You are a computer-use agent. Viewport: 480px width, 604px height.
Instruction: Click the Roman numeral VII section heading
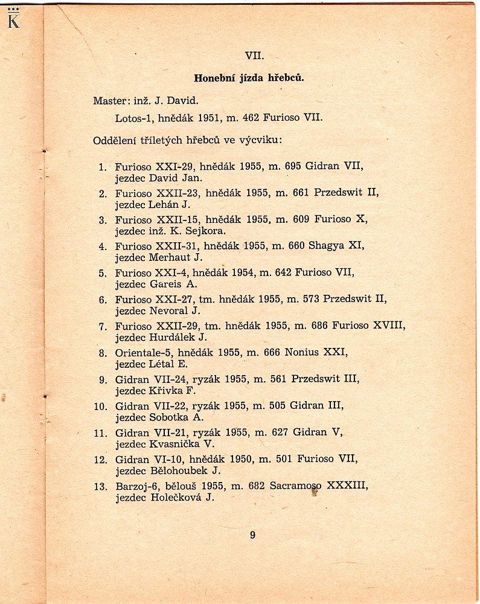point(253,55)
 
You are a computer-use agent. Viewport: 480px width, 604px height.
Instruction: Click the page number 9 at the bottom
point(252,534)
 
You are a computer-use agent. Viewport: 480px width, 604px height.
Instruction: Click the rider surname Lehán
point(164,204)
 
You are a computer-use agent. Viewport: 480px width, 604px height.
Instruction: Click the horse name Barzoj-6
point(135,486)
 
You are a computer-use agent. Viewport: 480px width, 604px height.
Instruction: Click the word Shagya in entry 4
point(327,246)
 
